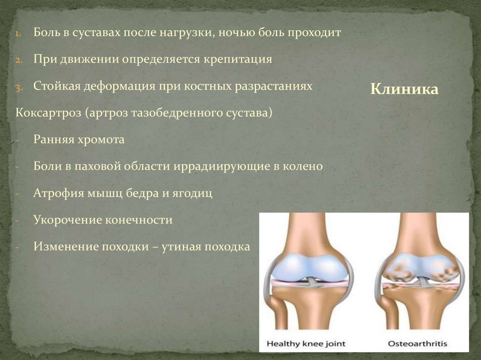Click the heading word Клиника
pos(404,89)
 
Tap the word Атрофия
pos(54,193)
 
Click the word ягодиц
pos(194,193)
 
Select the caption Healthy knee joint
pos(306,344)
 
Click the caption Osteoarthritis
pos(417,344)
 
